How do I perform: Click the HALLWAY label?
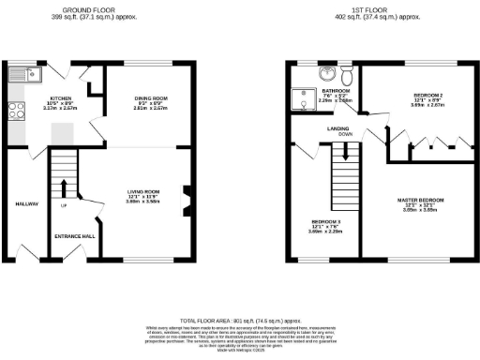(x=25, y=203)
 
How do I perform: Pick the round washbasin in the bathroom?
(x=324, y=75)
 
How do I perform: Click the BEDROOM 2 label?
(x=427, y=96)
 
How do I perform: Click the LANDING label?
(x=339, y=127)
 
